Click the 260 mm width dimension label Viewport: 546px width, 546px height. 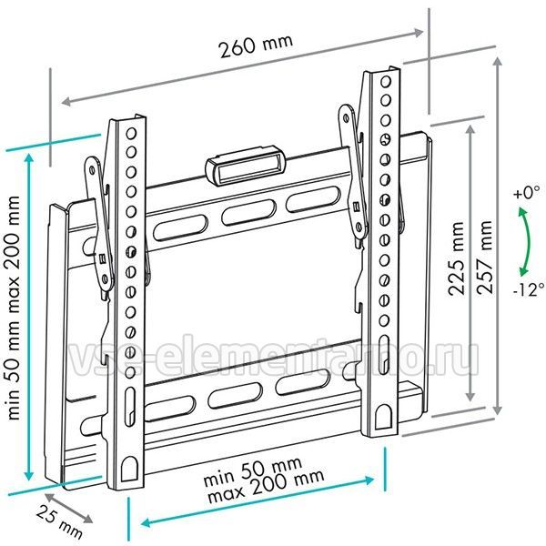pyautogui.click(x=256, y=45)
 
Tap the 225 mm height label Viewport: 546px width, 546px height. pyautogui.click(x=457, y=258)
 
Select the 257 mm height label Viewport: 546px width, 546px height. pyautogui.click(x=485, y=258)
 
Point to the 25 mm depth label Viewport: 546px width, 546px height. pyautogui.click(x=59, y=521)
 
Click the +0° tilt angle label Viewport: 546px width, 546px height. pyautogui.click(x=526, y=192)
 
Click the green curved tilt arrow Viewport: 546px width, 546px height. pyautogui.click(x=527, y=241)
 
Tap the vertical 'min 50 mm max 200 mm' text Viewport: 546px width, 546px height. pyautogui.click(x=14, y=308)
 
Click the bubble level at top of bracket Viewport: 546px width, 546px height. pyautogui.click(x=245, y=167)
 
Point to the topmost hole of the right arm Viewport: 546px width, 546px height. pyautogui.click(x=386, y=82)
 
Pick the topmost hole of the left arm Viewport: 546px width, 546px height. pyautogui.click(x=131, y=134)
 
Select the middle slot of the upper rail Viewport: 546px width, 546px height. pyautogui.click(x=248, y=212)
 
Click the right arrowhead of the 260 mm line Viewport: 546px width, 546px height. pyautogui.click(x=418, y=33)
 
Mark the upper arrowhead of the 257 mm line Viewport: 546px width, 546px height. pyautogui.click(x=499, y=62)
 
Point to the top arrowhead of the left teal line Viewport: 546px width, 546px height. pyautogui.click(x=29, y=158)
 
